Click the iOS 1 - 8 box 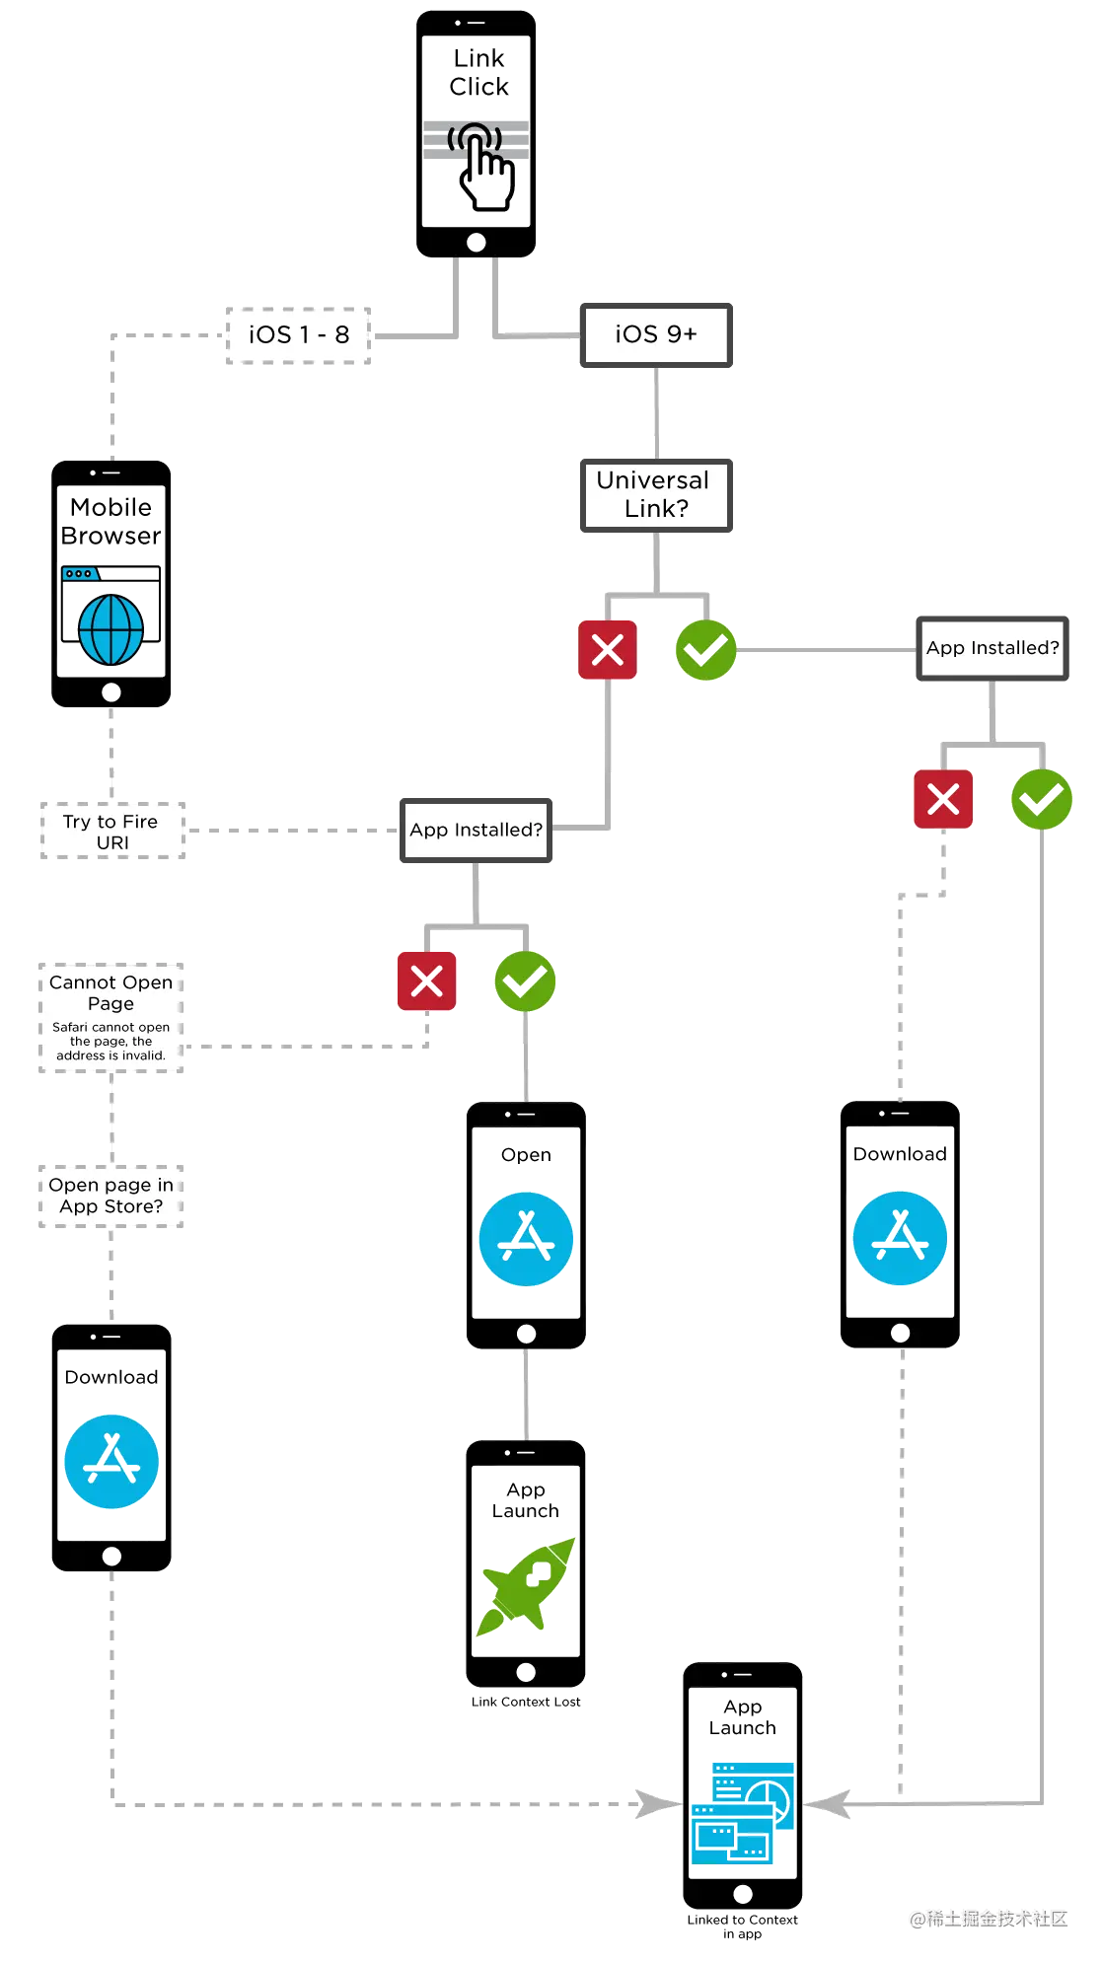click(x=297, y=334)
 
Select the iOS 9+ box click(x=656, y=335)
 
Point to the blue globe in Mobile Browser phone click(x=110, y=629)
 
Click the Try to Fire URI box click(x=111, y=832)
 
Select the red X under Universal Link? click(x=607, y=649)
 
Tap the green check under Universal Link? click(x=705, y=649)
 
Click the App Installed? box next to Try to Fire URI click(x=476, y=830)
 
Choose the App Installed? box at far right click(x=992, y=648)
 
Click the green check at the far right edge click(x=1041, y=799)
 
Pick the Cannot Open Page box click(x=111, y=1016)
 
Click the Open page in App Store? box click(x=111, y=1196)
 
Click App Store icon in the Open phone click(x=526, y=1239)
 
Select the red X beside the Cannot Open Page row click(x=426, y=981)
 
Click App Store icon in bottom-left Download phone click(x=110, y=1461)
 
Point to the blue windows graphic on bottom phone click(x=744, y=1812)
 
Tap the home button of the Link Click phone click(x=477, y=242)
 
